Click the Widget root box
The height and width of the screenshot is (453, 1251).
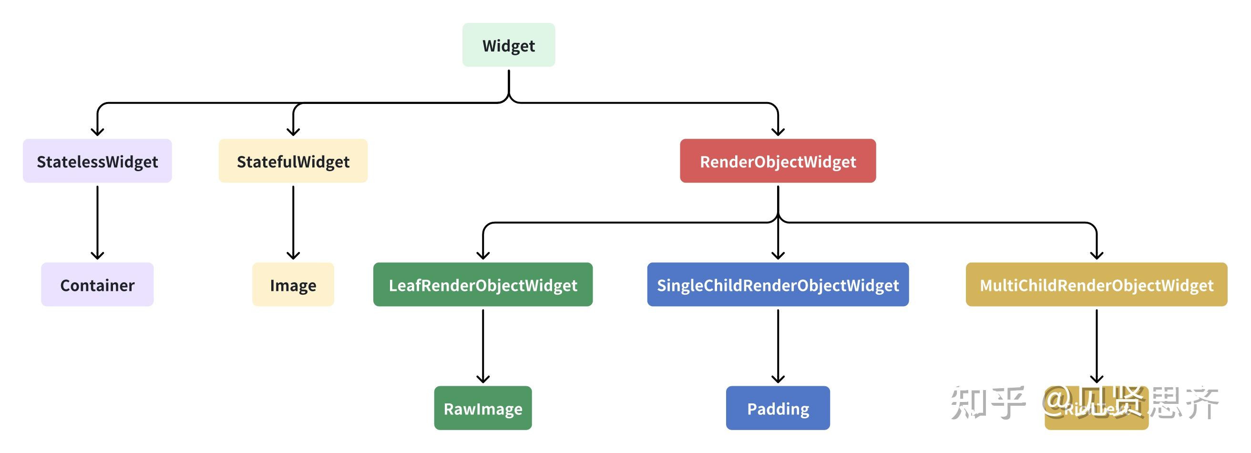tap(509, 45)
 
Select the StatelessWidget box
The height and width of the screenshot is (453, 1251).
tap(97, 161)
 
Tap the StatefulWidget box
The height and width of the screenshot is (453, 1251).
tap(293, 161)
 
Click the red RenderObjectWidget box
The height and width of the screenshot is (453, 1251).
tap(778, 161)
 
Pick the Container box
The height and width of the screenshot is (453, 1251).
tap(97, 285)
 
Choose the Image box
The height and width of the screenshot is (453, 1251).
tap(293, 285)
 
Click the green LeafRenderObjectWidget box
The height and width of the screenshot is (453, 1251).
tap(483, 285)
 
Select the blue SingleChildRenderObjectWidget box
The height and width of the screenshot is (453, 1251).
tap(778, 285)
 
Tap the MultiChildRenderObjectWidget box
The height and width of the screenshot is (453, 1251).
tap(1096, 285)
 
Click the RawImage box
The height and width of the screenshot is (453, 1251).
tap(483, 408)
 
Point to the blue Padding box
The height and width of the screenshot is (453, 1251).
tap(778, 408)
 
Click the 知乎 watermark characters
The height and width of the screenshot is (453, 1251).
tap(988, 403)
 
